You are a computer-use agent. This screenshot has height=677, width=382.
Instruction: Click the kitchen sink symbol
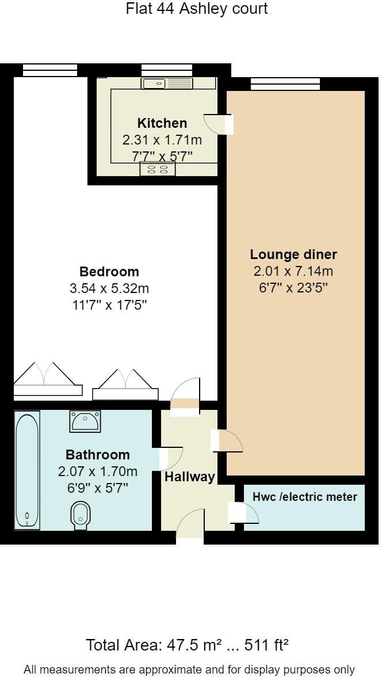point(167,84)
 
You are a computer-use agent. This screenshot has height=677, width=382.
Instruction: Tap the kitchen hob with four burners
point(158,169)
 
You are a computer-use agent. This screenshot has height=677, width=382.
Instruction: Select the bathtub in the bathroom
point(27,470)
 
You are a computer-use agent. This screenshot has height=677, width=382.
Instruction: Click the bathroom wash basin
point(85,421)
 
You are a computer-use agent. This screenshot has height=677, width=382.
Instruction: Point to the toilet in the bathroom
point(80,516)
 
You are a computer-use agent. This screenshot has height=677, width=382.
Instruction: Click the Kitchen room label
point(162,123)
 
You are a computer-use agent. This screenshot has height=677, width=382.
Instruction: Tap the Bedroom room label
point(109,272)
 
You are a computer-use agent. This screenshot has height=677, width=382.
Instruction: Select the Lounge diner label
point(293,254)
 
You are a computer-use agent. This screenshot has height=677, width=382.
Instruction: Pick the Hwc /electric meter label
point(305,497)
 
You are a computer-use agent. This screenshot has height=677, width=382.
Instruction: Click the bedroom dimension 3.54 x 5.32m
point(109,288)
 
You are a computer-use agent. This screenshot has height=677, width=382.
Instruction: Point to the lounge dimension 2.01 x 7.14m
point(293,271)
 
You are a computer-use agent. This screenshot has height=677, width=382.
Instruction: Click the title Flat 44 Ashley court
point(197,9)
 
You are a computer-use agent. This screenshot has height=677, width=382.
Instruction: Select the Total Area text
point(187,645)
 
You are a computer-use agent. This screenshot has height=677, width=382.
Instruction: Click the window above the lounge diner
point(285,84)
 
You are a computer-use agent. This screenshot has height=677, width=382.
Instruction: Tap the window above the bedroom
point(50,70)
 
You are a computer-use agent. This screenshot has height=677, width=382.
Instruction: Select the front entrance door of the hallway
point(190,527)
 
